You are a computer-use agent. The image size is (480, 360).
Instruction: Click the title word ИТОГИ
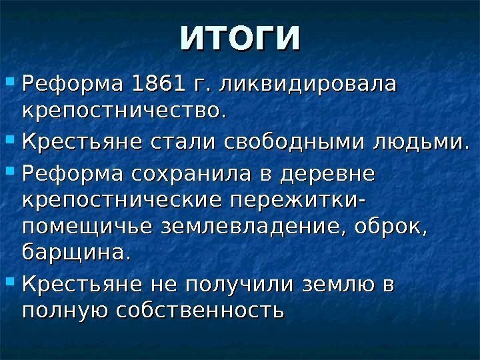[240, 39]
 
